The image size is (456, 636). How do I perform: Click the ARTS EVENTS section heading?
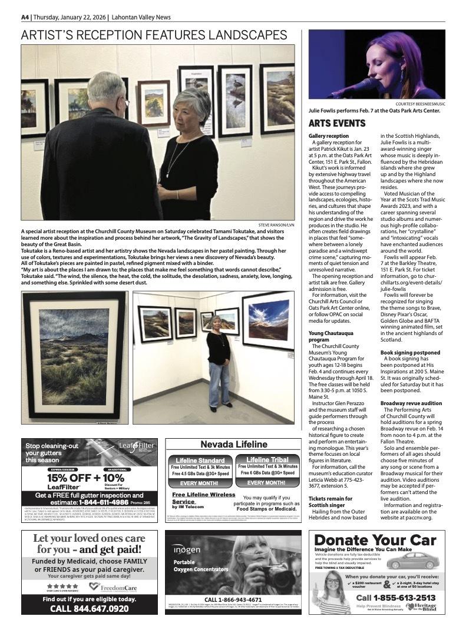337,123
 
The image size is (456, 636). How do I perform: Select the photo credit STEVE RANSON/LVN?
276,224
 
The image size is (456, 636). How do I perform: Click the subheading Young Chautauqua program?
327,336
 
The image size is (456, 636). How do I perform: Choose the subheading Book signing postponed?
410,352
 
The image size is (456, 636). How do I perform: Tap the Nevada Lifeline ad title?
233,445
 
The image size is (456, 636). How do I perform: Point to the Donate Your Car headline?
375,540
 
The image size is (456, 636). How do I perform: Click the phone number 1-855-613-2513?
396,598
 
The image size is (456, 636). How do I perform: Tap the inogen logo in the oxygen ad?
186,549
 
